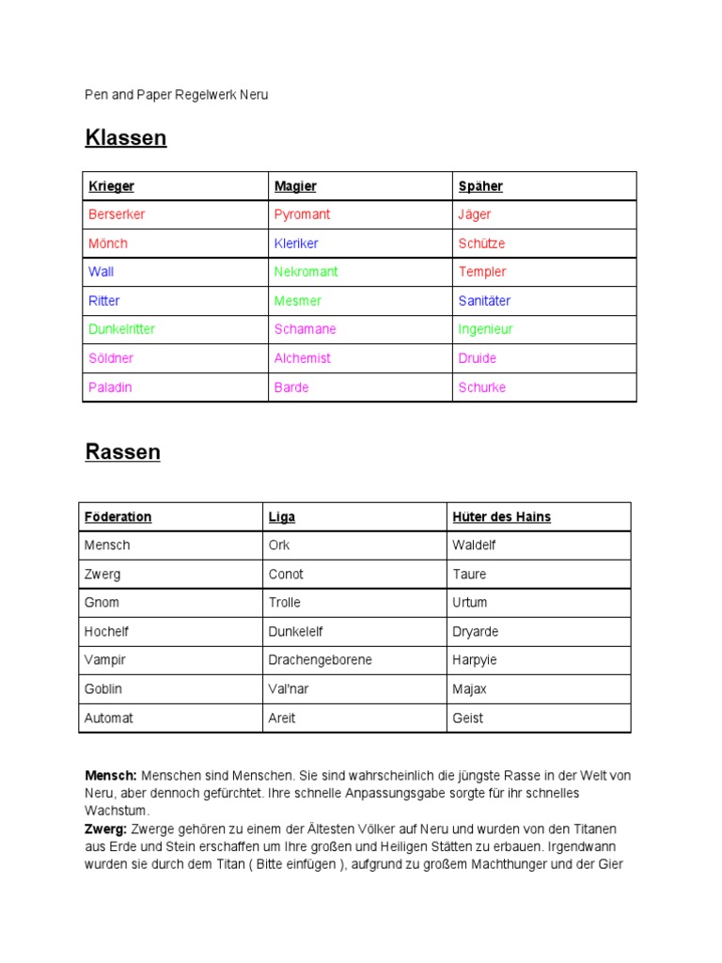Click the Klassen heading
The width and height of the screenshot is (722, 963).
126,138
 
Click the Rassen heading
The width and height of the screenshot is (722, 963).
123,452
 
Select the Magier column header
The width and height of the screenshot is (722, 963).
295,186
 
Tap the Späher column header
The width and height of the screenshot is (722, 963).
480,186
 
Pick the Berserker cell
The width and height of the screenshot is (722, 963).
117,214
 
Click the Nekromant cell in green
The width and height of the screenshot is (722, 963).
306,272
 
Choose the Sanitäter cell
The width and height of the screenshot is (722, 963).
484,301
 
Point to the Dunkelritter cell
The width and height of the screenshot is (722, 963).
122,329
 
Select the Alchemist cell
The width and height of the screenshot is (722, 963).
303,358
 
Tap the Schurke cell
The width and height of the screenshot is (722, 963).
482,387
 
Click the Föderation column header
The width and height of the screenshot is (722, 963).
118,517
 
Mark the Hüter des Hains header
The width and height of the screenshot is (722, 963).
501,517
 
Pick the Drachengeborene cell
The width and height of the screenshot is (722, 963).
320,660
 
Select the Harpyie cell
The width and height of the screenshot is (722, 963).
475,660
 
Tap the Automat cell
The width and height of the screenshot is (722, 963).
109,718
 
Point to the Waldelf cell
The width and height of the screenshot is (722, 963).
474,545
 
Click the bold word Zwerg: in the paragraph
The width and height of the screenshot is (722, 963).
106,829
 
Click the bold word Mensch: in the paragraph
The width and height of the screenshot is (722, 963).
111,776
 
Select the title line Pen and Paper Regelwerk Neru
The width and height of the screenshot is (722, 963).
177,95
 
